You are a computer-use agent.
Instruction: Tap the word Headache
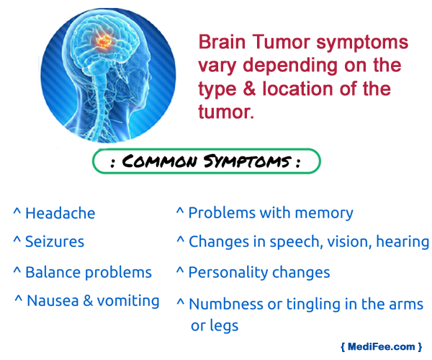[x=60, y=213]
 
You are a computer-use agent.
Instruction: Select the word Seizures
[x=55, y=242]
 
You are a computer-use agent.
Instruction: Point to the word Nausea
[x=53, y=300]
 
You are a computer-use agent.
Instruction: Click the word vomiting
[x=128, y=301]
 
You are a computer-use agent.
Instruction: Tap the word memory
[x=324, y=213]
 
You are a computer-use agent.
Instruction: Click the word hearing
[x=402, y=242]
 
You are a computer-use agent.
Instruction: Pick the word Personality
[x=228, y=273]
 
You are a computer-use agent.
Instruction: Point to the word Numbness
[x=226, y=304]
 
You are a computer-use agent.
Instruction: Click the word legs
[x=224, y=326]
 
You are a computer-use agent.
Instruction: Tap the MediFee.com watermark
[x=382, y=346]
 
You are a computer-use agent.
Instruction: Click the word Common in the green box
[x=160, y=161]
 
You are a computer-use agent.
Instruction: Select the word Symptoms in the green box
[x=247, y=161]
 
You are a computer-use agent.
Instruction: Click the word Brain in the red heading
[x=222, y=42]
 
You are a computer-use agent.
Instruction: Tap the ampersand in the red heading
[x=249, y=89]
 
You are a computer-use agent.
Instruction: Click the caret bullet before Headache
[x=17, y=212]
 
